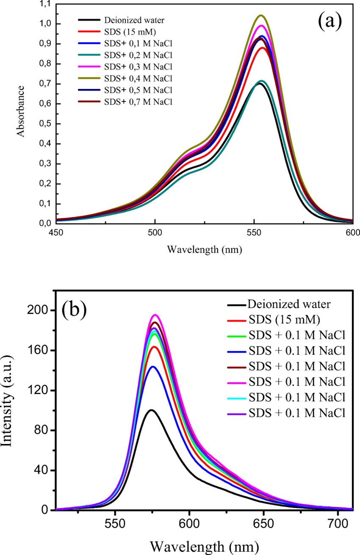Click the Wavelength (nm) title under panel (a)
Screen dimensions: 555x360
click(x=204, y=249)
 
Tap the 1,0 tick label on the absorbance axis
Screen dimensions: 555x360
click(x=44, y=24)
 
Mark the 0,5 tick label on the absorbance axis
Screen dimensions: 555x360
click(x=44, y=124)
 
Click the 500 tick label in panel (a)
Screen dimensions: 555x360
click(x=155, y=232)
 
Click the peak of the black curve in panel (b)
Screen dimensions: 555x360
click(x=151, y=410)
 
